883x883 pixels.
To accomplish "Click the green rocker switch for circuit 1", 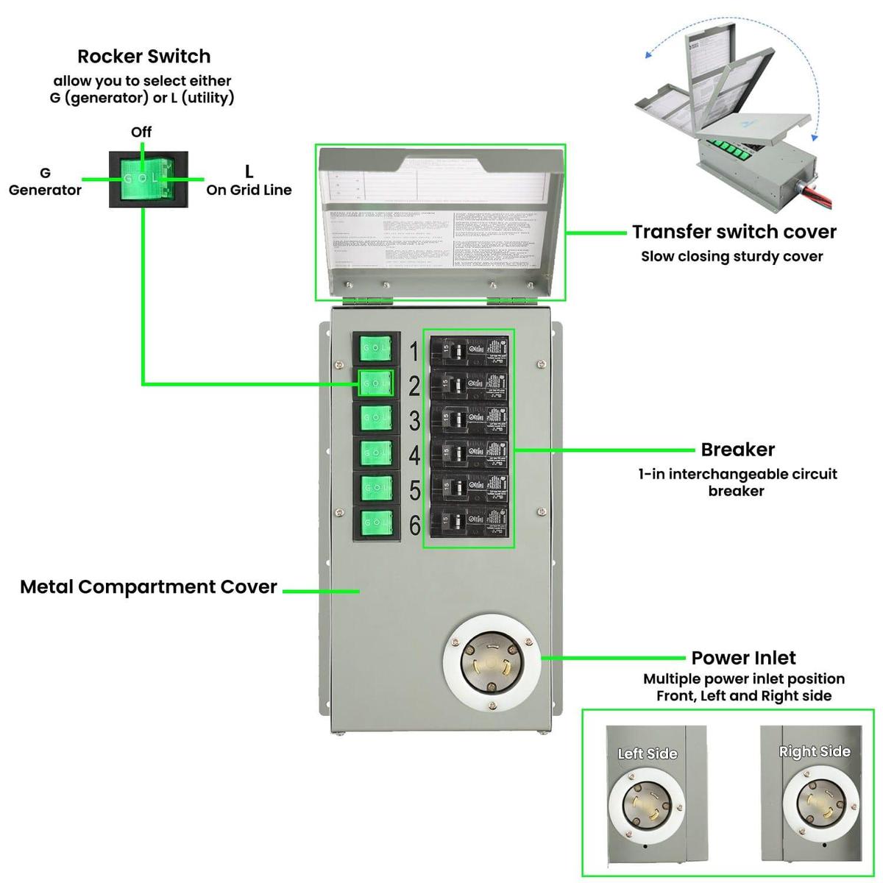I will (376, 348).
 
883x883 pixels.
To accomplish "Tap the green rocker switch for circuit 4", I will (376, 453).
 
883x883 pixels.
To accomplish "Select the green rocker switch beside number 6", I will (376, 524).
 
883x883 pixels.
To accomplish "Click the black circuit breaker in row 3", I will (469, 419).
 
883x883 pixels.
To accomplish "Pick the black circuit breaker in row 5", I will (469, 489).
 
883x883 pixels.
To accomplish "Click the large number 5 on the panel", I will (414, 491).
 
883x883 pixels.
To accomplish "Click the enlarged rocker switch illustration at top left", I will (149, 179).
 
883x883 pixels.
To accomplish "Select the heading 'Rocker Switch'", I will (143, 57).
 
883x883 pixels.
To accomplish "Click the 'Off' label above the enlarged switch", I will (141, 132).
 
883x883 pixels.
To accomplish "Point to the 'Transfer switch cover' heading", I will (734, 232).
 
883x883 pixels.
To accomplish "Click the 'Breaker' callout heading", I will (737, 450).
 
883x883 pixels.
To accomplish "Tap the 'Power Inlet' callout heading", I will (743, 658).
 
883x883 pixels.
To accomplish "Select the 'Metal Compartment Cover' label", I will (149, 587).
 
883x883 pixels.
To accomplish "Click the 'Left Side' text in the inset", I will (648, 753).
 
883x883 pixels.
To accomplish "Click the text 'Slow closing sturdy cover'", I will (731, 257).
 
